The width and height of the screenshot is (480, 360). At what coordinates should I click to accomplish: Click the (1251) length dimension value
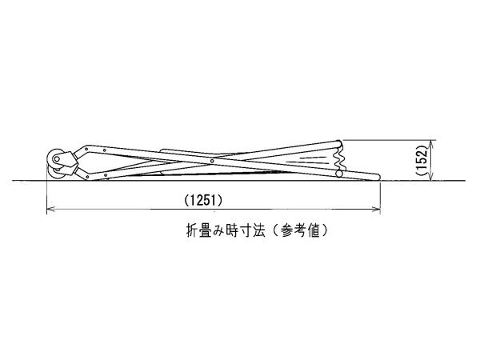(x=203, y=201)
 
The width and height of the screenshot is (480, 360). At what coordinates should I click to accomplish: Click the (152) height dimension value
(x=422, y=160)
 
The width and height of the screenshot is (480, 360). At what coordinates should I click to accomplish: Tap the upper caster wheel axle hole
(x=57, y=159)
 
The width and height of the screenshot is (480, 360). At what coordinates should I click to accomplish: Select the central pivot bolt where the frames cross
(x=212, y=161)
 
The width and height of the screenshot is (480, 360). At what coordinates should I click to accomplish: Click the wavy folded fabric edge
(x=342, y=158)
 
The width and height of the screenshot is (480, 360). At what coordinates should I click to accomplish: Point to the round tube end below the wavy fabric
(x=339, y=174)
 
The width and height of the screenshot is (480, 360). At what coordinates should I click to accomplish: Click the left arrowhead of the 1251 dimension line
(x=51, y=210)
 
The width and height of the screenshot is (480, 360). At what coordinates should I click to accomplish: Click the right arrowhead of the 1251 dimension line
(x=376, y=210)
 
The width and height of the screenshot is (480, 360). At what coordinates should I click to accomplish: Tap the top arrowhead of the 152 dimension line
(x=431, y=145)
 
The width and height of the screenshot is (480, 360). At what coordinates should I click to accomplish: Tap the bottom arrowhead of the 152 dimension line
(x=431, y=176)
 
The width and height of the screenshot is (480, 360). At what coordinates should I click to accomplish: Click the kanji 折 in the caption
(x=192, y=231)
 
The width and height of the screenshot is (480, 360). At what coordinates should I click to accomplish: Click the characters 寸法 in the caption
(x=252, y=231)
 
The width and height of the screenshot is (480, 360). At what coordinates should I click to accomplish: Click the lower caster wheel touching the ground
(x=56, y=174)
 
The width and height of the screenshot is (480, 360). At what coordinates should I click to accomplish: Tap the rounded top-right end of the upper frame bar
(x=339, y=143)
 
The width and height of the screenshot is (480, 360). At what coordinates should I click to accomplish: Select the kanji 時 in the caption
(x=232, y=231)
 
